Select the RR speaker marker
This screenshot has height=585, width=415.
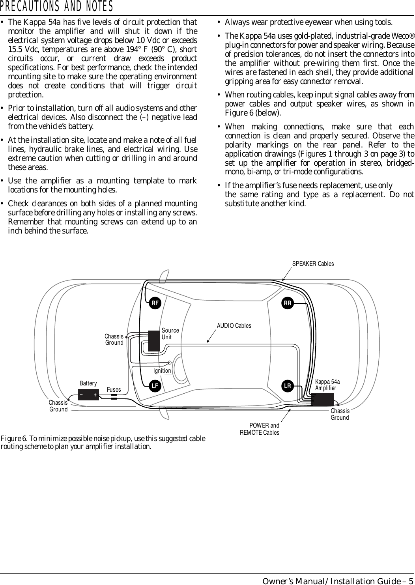click(288, 303)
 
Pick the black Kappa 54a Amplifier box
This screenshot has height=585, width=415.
click(322, 399)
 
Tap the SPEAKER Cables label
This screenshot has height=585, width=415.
click(313, 264)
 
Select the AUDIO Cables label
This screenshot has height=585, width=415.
click(234, 326)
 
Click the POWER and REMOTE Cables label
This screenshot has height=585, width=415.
click(260, 429)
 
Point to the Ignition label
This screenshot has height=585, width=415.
click(162, 371)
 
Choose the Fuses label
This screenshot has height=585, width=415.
click(114, 390)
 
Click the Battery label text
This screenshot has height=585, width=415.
click(88, 383)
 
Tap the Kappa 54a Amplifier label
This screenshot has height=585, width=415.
click(327, 385)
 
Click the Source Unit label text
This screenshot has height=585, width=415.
click(170, 334)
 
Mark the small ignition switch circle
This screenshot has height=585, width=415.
click(170, 363)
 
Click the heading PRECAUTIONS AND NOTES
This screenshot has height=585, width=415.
click(57, 7)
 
